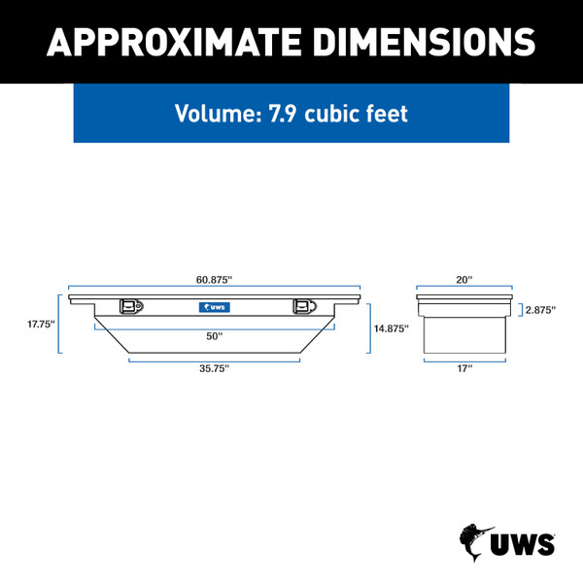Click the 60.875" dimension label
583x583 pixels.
click(214, 280)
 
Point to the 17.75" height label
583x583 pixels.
click(41, 325)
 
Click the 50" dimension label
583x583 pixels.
click(214, 336)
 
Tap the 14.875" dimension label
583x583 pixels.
click(391, 328)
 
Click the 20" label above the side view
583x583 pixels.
click(464, 280)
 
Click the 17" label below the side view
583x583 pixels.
click(464, 368)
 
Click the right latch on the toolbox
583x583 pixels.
click(301, 307)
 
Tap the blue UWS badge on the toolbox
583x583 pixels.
click(214, 308)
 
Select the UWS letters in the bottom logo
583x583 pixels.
click(525, 543)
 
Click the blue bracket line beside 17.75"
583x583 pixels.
click(60, 325)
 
